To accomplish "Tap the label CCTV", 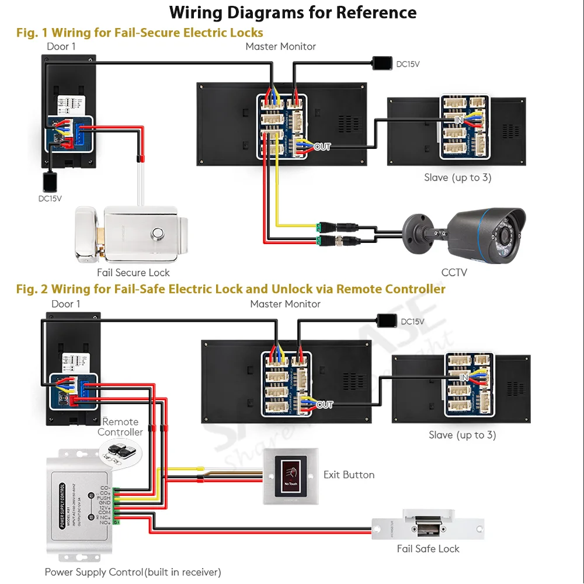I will click(x=454, y=272).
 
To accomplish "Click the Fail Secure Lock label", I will click(x=133, y=272).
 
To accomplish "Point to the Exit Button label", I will click(x=349, y=475).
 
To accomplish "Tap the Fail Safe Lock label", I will click(x=427, y=548).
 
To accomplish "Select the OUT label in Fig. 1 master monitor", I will click(x=322, y=147).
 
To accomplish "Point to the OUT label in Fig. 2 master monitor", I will click(x=325, y=404).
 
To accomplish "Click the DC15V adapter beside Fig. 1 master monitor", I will click(x=383, y=62).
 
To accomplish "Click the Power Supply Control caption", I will click(x=133, y=572).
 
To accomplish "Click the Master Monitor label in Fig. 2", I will click(x=285, y=304).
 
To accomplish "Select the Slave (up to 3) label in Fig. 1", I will click(x=457, y=177).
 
